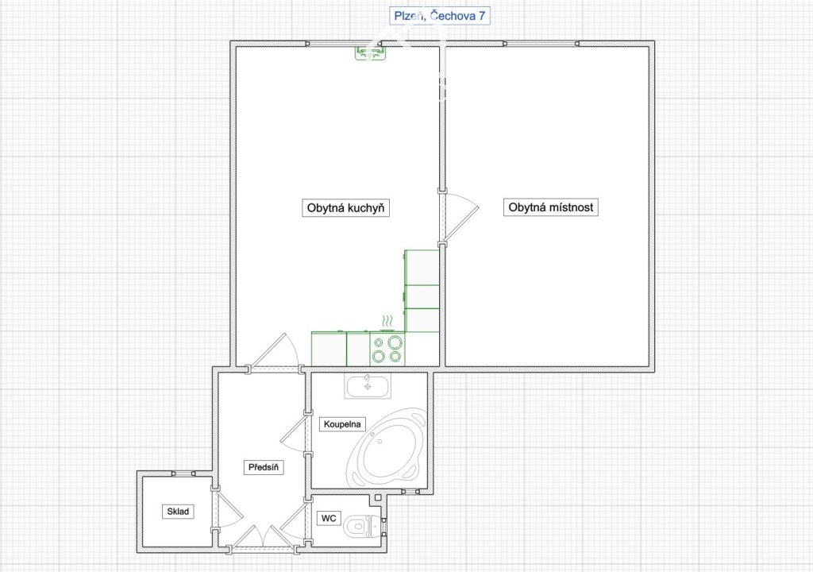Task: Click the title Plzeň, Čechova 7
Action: [x=440, y=16]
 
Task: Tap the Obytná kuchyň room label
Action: [x=346, y=208]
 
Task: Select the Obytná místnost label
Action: [x=551, y=207]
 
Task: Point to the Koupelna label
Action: [x=342, y=424]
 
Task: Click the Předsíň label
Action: [x=264, y=467]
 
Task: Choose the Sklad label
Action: [x=178, y=512]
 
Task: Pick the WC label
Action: [x=329, y=518]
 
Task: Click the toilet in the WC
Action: [x=364, y=525]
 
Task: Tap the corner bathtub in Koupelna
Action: [x=387, y=448]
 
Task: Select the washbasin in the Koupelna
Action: [x=368, y=386]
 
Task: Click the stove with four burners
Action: [x=387, y=348]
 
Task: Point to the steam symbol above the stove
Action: [x=387, y=319]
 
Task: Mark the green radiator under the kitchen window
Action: [x=370, y=53]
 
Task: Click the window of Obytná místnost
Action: [x=541, y=44]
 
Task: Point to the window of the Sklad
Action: [x=183, y=473]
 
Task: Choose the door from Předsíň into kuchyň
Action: [x=274, y=351]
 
